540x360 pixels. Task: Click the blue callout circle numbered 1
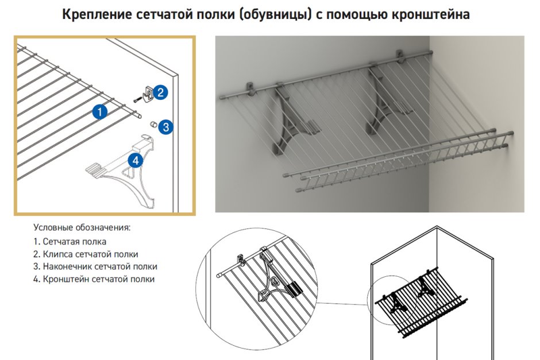click(100, 111)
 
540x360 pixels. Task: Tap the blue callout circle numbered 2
click(161, 91)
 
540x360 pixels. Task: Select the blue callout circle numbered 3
click(165, 127)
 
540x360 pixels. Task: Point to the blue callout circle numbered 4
click(135, 160)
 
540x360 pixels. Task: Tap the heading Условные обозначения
click(82, 227)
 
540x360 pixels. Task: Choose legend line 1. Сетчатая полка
click(70, 242)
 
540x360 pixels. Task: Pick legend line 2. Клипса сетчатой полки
click(86, 254)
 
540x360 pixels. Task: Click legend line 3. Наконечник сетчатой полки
click(95, 266)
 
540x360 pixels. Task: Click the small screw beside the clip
click(137, 98)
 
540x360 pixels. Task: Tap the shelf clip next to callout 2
click(148, 91)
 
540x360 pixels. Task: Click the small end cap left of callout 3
click(153, 124)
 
